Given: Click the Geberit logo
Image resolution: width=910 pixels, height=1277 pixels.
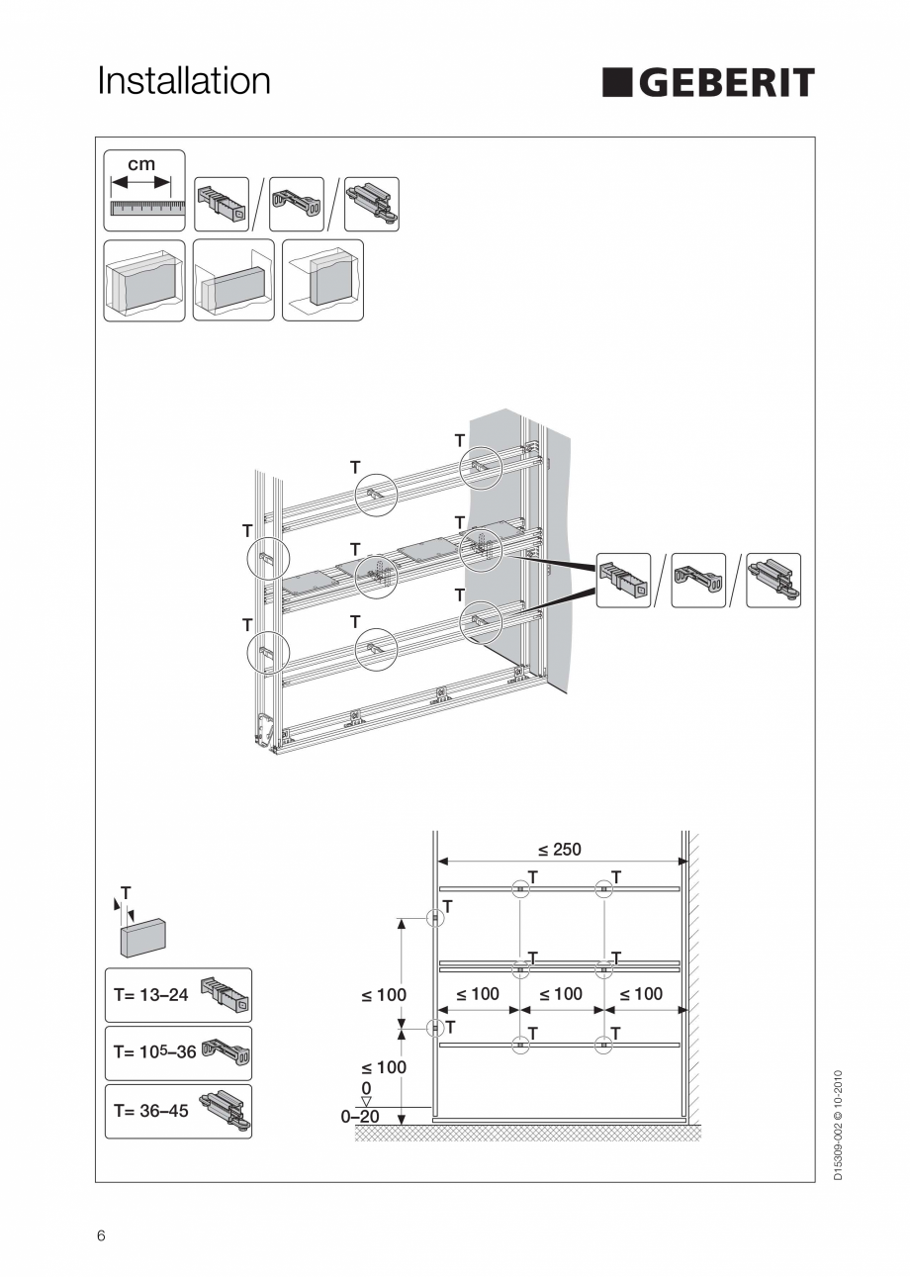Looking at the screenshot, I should pos(708,83).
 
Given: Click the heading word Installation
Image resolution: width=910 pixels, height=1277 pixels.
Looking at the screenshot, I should pos(184,81).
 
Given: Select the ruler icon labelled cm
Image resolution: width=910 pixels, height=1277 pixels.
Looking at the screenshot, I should pos(144,190).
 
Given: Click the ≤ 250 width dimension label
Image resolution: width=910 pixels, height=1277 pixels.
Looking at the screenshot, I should pos(560,849).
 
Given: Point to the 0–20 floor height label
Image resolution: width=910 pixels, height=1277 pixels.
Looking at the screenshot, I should pos(360,1117).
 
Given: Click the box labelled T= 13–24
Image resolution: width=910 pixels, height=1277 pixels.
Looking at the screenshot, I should pos(178,995).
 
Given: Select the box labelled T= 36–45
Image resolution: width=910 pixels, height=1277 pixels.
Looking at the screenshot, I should pos(178,1112).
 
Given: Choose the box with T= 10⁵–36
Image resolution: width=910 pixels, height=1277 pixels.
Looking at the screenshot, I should pos(178,1053).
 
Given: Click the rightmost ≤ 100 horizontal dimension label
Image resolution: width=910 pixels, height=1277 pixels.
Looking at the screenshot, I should pos(641,994).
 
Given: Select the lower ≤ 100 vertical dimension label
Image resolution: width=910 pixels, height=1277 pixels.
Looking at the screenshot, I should pos(383,1067).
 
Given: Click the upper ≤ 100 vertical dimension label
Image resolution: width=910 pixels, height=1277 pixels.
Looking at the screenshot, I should pos(383,994).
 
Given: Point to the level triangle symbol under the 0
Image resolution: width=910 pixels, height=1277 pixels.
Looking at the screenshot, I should pos(366,1101).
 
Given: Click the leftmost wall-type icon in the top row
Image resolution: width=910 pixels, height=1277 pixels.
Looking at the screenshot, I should pos(144,280).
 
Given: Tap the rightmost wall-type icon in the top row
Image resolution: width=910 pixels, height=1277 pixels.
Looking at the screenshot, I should pos(322,280).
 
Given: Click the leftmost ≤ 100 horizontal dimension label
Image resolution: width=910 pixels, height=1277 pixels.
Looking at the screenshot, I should pos(478,994).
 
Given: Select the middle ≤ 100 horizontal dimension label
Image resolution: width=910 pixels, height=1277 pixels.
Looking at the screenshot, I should pos(561,994).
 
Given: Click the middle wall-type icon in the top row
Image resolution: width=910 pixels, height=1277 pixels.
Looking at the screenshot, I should pos(233,280).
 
